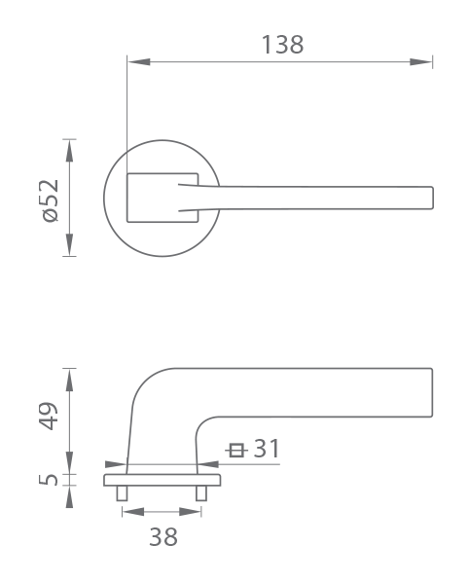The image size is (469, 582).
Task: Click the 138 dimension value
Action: pyautogui.click(x=283, y=45)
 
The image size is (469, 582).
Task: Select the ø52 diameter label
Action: pyautogui.click(x=51, y=200)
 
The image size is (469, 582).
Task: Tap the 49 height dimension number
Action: pyautogui.click(x=49, y=416)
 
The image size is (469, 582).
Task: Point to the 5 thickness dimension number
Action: pyautogui.click(x=49, y=480)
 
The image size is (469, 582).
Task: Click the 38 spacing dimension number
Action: pyautogui.click(x=163, y=536)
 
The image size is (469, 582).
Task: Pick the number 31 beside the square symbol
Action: pyautogui.click(x=267, y=449)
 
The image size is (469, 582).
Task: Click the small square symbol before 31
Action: pyautogui.click(x=236, y=451)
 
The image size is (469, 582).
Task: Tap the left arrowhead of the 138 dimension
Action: pyautogui.click(x=139, y=61)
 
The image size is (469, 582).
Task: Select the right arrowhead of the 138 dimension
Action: pyautogui.click(x=421, y=61)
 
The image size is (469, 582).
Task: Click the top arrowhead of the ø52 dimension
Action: pyautogui.click(x=69, y=151)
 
